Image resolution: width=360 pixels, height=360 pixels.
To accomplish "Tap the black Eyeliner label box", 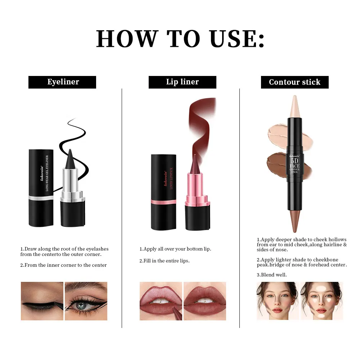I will pos(62,82).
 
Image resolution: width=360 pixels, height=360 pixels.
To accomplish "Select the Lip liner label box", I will pos(182,82).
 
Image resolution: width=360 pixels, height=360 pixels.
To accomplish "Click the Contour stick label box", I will pos(294,82).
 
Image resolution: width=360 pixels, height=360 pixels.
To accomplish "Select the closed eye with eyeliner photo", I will pos(42,301).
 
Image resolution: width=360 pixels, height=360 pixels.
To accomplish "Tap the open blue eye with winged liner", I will pos(86,301).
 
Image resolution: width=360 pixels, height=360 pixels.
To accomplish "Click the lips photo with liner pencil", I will pos(161,301).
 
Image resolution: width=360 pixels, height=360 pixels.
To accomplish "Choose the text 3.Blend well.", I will pos(272,275).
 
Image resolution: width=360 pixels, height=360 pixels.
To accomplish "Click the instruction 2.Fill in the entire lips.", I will pos(165,261).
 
